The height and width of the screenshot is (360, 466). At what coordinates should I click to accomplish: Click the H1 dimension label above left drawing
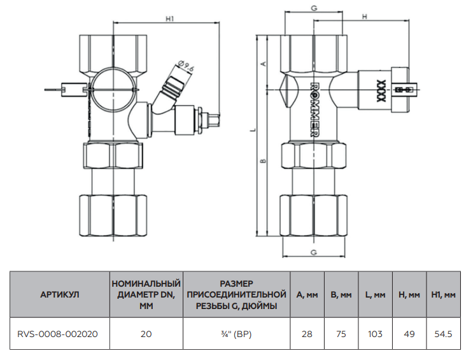point(169,19)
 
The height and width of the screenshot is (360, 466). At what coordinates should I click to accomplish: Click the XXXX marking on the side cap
point(380,90)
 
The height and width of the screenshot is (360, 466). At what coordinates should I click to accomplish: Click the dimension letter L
point(253,130)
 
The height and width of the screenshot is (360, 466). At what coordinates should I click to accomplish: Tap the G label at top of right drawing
point(313,8)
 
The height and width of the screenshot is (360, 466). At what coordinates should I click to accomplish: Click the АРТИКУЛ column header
point(59,294)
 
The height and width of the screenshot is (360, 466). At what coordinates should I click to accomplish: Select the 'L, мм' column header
point(376,294)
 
